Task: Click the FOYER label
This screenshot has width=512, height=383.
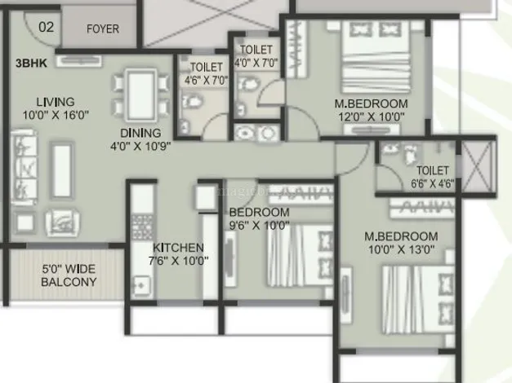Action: coord(103,29)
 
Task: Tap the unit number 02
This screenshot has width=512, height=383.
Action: coord(46,27)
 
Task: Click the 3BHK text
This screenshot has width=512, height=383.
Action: coord(31,64)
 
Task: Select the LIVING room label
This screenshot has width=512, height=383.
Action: coord(56,102)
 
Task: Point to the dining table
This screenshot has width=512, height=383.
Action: coord(140,95)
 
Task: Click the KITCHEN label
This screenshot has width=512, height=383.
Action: coord(178,248)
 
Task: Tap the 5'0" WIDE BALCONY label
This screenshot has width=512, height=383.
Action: coord(69,275)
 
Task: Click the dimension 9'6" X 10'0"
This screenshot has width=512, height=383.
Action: coord(259,226)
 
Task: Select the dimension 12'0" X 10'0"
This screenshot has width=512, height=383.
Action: coord(372,117)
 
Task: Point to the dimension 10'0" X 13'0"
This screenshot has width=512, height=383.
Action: coord(401,249)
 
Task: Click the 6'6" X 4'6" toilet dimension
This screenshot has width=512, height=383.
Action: coord(432,184)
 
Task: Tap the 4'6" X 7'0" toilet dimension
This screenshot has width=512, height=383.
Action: coord(206,80)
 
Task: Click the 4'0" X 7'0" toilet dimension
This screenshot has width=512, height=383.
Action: coord(256,63)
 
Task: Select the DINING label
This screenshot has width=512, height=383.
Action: coord(140,134)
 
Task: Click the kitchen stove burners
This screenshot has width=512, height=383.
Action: coord(142,227)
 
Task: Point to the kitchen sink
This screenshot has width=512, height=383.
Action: coord(141,286)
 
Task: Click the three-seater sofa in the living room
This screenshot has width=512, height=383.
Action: coord(24,167)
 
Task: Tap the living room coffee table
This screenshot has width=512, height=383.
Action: coord(62,171)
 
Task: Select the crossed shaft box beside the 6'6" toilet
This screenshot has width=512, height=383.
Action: coord(478,167)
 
